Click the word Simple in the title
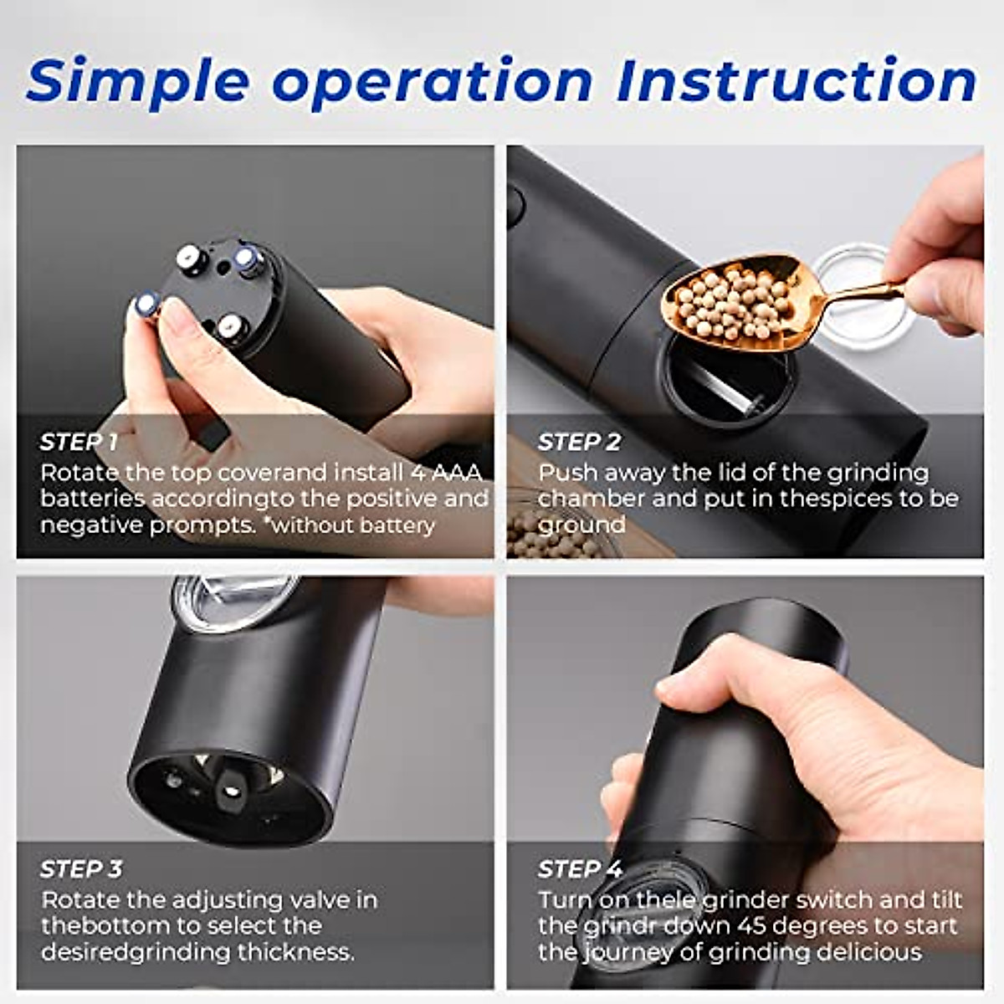click(x=137, y=81)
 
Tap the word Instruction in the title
click(x=797, y=81)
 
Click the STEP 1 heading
click(x=79, y=442)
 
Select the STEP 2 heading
click(x=579, y=442)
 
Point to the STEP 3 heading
click(x=81, y=869)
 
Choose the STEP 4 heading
click(x=580, y=869)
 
